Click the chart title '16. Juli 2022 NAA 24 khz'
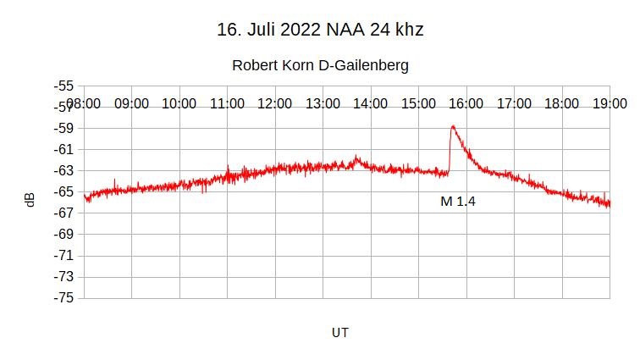coord(320,30)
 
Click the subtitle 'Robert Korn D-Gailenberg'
coord(320,65)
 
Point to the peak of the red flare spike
coord(453,126)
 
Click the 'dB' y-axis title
coord(30,200)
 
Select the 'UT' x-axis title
coord(339,333)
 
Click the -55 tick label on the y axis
coord(63,86)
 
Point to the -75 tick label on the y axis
coord(63,298)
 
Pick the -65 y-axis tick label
coord(63,191)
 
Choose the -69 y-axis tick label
coord(63,235)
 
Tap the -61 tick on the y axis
coord(63,149)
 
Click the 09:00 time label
coord(131,104)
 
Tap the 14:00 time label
coord(370,104)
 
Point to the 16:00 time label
coord(466,104)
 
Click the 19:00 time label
coord(609,104)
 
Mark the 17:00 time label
coord(514,104)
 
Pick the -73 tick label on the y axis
coord(63,277)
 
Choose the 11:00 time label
coord(227,104)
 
